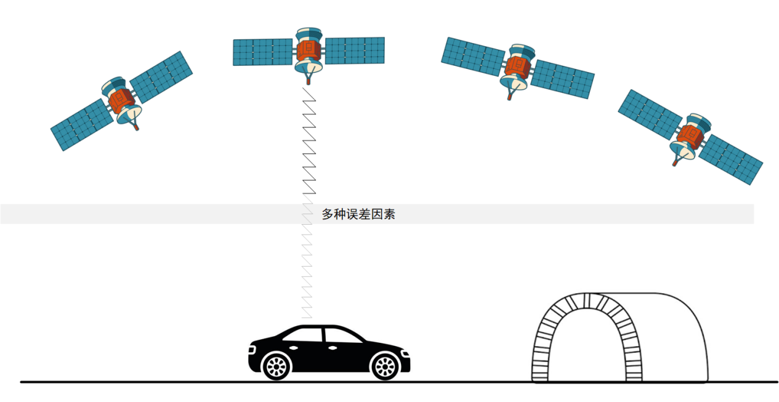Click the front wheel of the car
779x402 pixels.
tap(385, 366)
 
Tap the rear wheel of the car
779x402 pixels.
tap(276, 366)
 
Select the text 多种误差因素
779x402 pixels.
tap(358, 214)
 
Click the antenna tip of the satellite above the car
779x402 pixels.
tap(308, 82)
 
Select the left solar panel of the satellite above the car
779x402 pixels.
tap(263, 52)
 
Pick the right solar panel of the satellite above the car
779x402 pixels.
tap(355, 50)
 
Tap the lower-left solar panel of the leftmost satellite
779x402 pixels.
tap(83, 125)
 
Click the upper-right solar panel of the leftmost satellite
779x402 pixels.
tap(161, 77)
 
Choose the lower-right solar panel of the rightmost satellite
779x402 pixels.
tap(731, 159)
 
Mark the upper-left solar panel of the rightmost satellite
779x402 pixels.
tap(650, 115)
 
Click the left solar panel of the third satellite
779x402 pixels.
tap(474, 57)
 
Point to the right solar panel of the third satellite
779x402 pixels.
tap(562, 79)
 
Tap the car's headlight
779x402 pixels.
tap(405, 353)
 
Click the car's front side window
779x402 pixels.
tap(343, 336)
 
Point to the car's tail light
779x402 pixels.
tap(252, 350)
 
